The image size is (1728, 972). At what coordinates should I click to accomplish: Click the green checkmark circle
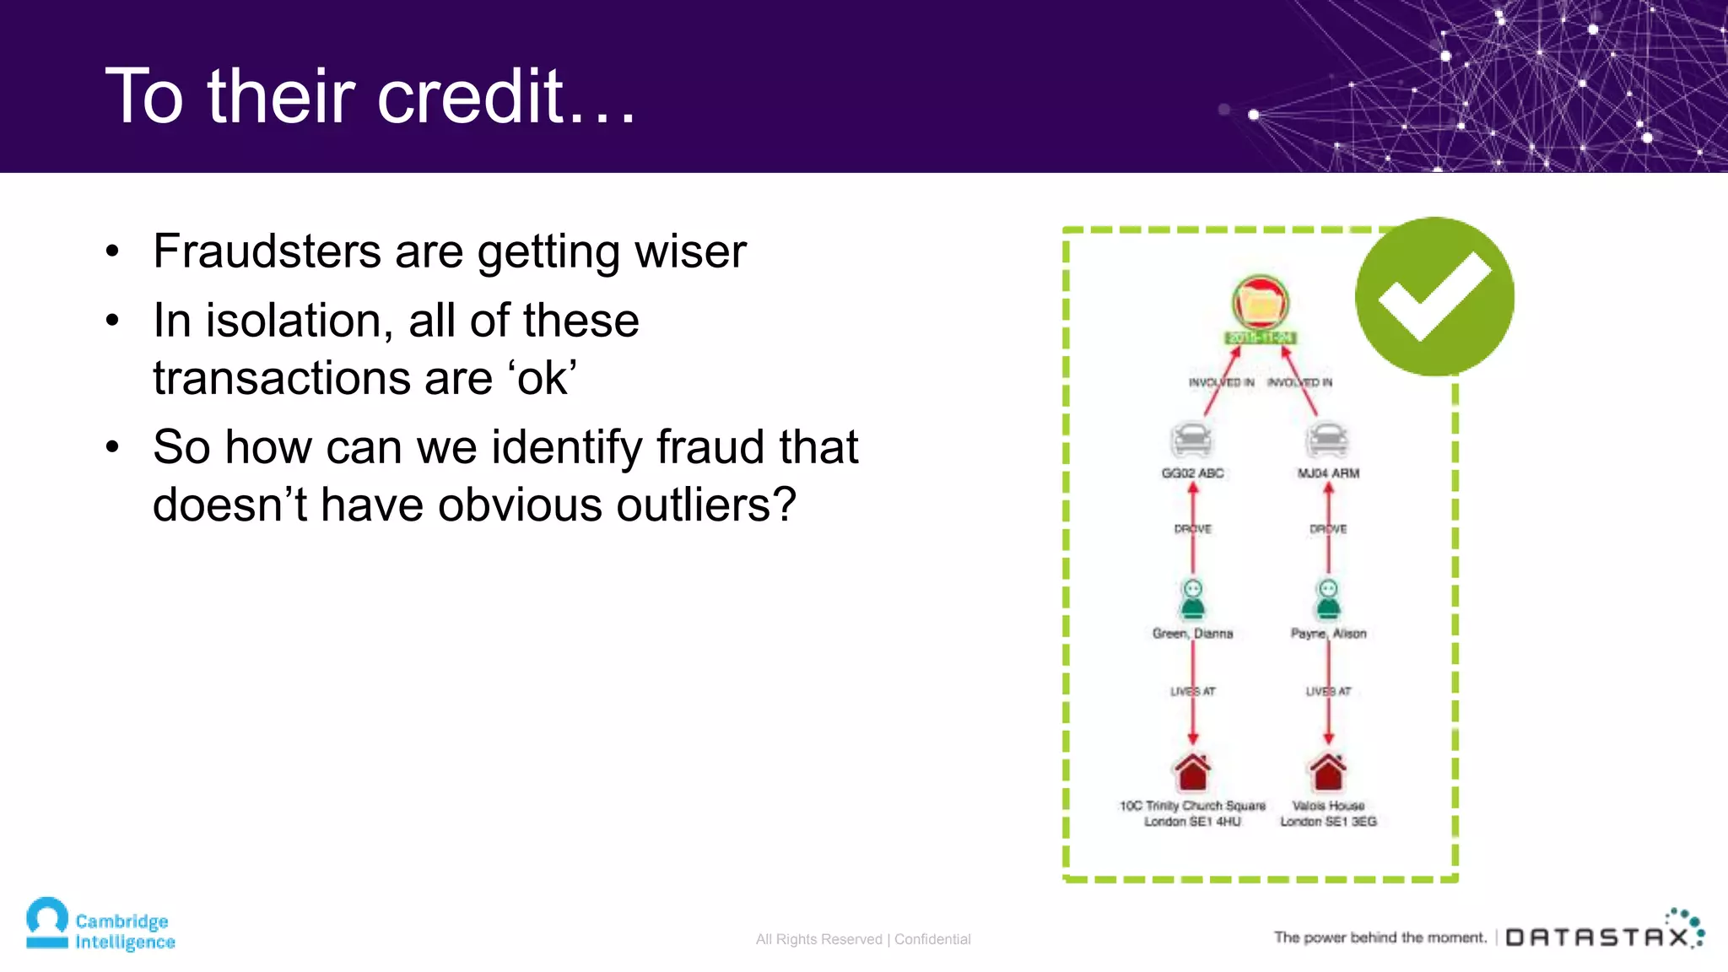coord(1434,296)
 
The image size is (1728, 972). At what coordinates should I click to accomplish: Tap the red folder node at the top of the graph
coord(1260,302)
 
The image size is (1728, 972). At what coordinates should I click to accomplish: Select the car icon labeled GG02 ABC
coord(1191,440)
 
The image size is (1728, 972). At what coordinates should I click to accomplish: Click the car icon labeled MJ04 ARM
coord(1327,440)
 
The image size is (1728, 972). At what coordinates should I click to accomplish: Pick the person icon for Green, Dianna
coord(1192,599)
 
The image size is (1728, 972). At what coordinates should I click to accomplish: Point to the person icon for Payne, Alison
coord(1328,599)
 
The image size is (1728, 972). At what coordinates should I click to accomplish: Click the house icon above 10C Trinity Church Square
coord(1192,771)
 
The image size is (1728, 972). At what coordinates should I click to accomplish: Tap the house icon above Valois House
coord(1328,771)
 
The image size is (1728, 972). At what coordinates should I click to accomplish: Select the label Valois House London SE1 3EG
coord(1328,813)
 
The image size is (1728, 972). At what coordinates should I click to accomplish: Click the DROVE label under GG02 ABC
coord(1192,529)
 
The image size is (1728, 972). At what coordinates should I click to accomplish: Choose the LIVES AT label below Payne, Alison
coord(1328,691)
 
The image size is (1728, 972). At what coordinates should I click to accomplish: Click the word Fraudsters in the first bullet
coord(267,251)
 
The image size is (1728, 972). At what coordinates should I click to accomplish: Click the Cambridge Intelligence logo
coord(100,925)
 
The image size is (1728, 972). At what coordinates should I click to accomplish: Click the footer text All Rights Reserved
coord(818,939)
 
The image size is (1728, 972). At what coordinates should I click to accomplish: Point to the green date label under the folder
coord(1260,337)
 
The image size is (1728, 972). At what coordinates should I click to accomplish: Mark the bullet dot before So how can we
coord(113,447)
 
